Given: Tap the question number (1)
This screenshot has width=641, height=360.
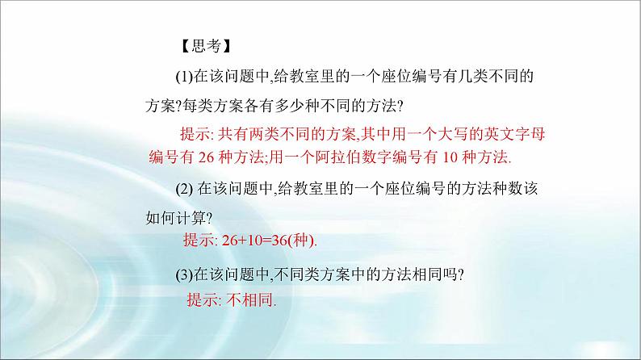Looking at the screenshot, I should pyautogui.click(x=183, y=76).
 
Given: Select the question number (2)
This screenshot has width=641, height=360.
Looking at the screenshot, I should pyautogui.click(x=183, y=188).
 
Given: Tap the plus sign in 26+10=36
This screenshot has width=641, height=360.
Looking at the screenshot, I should pyautogui.click(x=238, y=241).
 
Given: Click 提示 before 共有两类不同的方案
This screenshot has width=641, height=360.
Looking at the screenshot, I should pyautogui.click(x=194, y=132).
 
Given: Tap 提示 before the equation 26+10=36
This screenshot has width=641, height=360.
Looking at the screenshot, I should pyautogui.click(x=199, y=241).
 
